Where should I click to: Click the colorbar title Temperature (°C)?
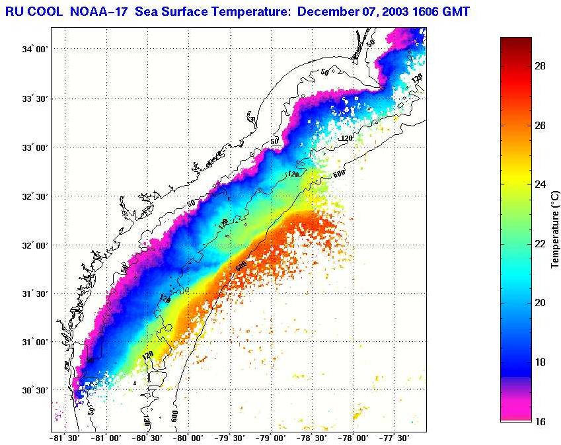coord(556,228)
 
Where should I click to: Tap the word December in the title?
coord(329,12)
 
